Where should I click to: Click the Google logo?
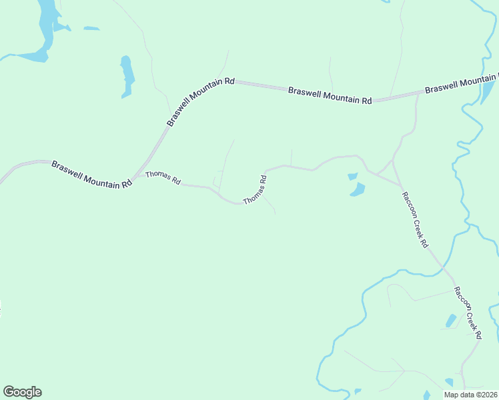[x=22, y=392]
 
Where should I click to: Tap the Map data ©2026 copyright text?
[x=470, y=395]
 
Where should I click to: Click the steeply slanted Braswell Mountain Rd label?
[x=200, y=101]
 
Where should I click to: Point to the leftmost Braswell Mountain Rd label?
[x=91, y=175]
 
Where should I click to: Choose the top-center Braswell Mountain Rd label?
[x=330, y=95]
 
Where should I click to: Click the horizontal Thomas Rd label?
[x=163, y=177]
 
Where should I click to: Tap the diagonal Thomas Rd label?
[x=256, y=190]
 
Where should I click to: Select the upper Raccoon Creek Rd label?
[x=414, y=219]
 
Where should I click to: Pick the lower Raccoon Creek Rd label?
[x=468, y=313]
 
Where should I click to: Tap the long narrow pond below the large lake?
[x=127, y=75]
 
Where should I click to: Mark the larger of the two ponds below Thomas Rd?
[x=358, y=189]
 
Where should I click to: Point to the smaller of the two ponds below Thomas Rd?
[x=352, y=177]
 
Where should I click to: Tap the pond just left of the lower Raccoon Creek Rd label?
[x=450, y=321]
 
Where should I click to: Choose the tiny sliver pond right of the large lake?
[x=91, y=29]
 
